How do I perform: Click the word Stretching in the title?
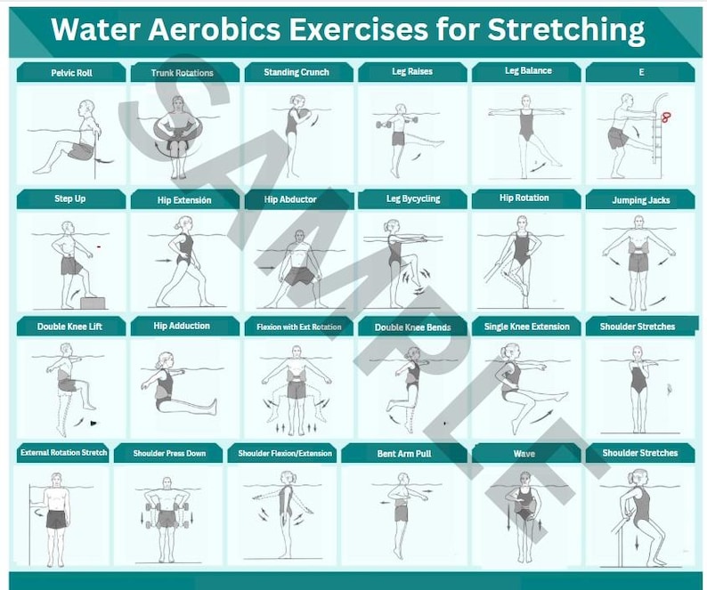[x=565, y=29]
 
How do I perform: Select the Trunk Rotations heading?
[x=183, y=73]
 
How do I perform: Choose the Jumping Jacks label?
[x=640, y=200]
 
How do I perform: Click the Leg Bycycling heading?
[x=412, y=199]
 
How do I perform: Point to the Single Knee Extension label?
[x=526, y=327]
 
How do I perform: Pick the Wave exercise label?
[x=524, y=454]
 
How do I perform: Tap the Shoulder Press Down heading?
[x=169, y=454]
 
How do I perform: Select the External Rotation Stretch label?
[x=64, y=453]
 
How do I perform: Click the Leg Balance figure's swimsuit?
[x=526, y=126]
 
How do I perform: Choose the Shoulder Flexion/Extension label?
[x=284, y=454]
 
